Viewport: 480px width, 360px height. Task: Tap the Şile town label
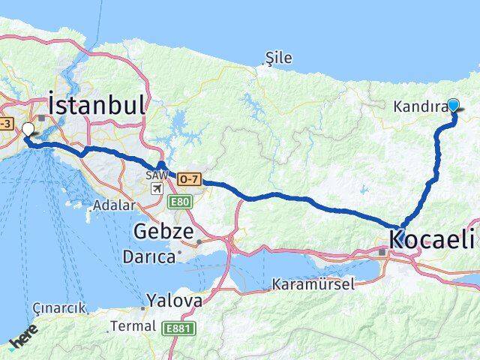[x=279, y=58]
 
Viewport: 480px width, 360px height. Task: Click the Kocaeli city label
[x=432, y=240]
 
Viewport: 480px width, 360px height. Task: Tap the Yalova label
[x=174, y=301]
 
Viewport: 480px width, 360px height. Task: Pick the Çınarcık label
[x=60, y=308]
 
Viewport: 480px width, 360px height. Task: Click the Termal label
[x=133, y=326]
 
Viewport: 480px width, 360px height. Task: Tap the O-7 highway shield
[x=188, y=177]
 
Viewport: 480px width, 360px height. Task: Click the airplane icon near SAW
[x=156, y=187]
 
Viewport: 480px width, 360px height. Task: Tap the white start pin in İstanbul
[x=28, y=129]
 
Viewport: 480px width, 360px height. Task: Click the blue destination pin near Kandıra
[x=453, y=105]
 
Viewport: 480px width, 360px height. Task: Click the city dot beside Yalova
[x=143, y=307]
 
